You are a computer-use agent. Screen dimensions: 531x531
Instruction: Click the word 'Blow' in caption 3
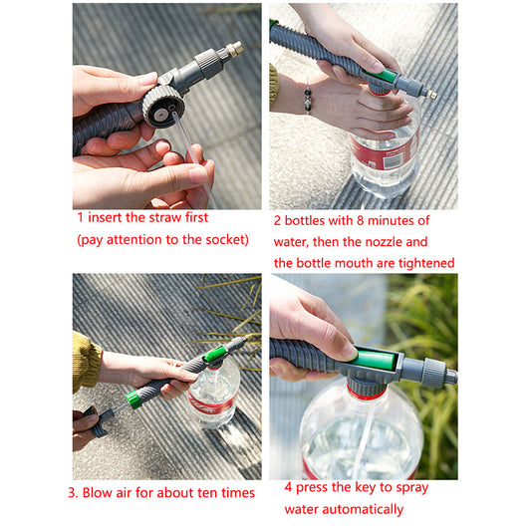(103, 492)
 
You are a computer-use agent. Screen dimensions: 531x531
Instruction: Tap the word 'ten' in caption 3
(204, 492)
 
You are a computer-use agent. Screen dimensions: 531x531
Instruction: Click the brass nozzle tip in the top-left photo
(234, 48)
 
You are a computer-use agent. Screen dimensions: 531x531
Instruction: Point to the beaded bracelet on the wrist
(308, 99)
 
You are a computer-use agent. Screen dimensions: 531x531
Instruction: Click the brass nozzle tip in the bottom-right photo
(452, 377)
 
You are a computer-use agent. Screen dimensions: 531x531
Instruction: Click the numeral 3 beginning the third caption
(72, 492)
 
